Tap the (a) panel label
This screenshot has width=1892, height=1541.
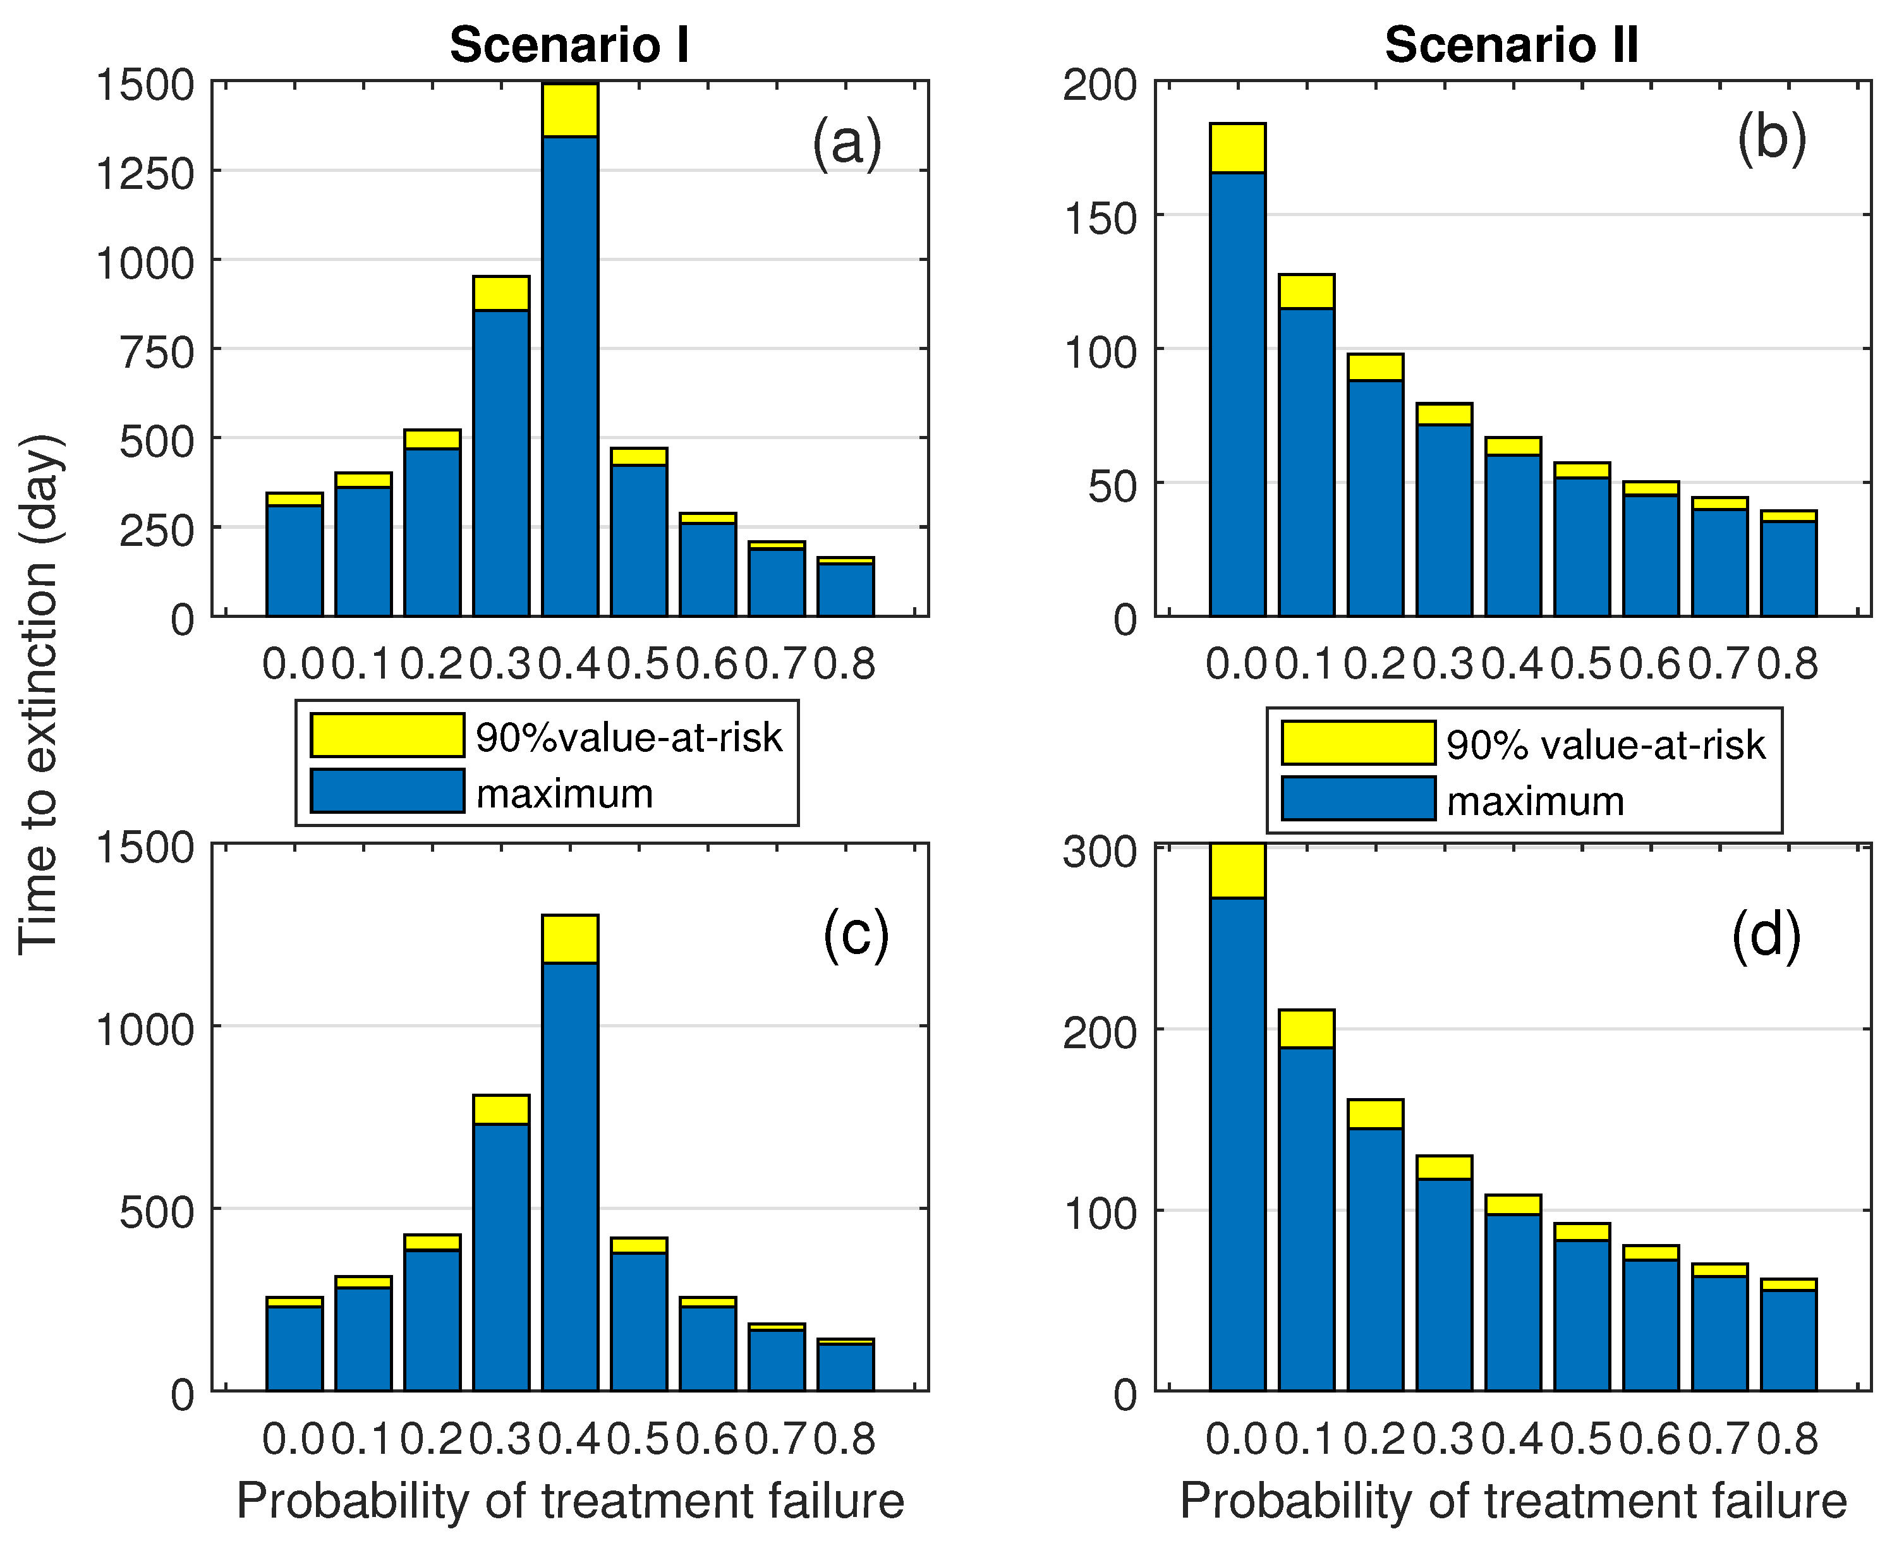846,142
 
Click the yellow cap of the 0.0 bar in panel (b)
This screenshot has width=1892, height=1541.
1238,147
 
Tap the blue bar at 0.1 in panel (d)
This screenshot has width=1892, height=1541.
1307,1219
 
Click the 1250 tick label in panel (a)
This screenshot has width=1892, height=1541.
145,172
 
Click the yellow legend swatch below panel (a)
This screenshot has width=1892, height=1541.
387,735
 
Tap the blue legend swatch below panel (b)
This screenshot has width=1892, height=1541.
1359,798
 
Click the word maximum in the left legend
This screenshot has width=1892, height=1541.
565,793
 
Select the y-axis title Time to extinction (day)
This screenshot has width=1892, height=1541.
40,694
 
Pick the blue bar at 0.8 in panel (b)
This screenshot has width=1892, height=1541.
1789,568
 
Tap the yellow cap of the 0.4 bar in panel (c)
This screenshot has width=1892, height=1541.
570,939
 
